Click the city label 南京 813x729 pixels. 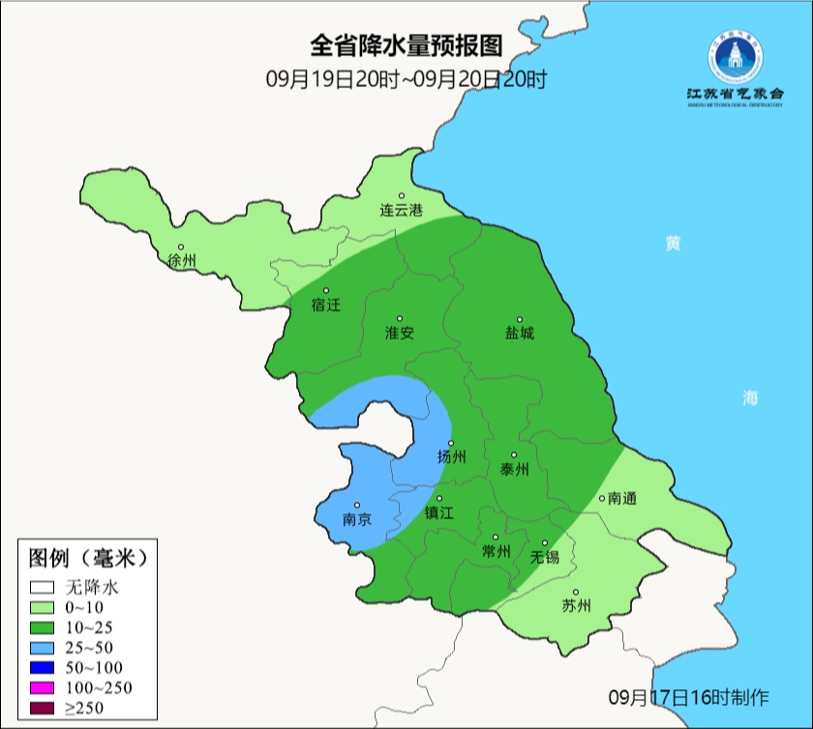coord(358,520)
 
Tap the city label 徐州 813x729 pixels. coord(181,261)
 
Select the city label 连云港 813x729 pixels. coord(401,210)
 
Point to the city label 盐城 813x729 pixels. coord(519,334)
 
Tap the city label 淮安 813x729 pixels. coord(400,334)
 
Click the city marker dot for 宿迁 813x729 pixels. coord(326,291)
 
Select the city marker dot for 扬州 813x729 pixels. coord(452,443)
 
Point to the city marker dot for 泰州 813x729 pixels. coord(514,454)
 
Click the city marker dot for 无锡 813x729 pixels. coord(545,543)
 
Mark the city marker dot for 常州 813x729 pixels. coord(496,538)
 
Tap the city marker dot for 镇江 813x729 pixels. coord(438,499)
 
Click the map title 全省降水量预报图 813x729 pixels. coord(406,46)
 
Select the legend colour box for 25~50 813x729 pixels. coord(42,647)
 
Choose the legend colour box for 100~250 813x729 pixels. coord(42,687)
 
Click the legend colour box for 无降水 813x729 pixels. coord(42,586)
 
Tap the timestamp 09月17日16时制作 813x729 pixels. coord(688,696)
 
